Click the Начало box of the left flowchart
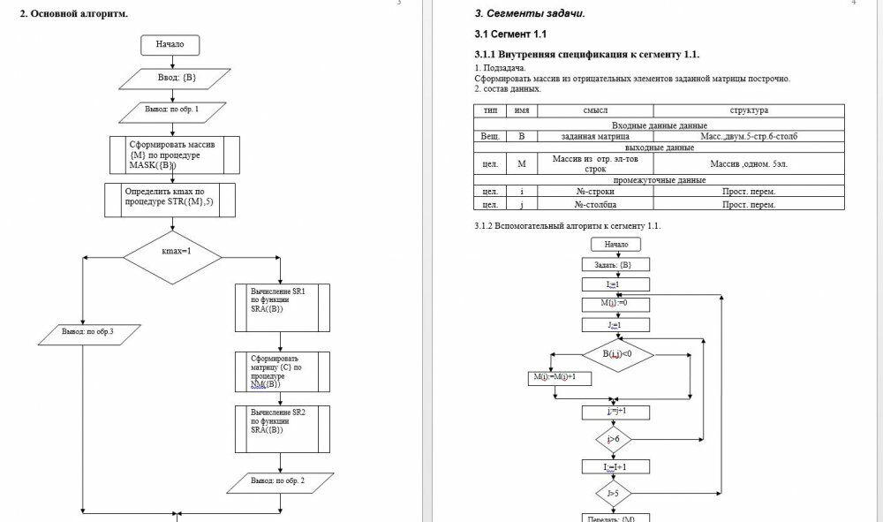pos(170,44)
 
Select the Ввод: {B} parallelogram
pos(177,79)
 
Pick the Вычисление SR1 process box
pos(283,306)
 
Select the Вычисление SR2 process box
pos(283,427)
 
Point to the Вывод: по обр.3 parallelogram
pos(88,332)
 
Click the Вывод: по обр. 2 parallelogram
pos(279,482)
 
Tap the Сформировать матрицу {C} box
pos(283,372)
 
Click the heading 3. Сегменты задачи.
pos(530,13)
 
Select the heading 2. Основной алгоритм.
pos(74,14)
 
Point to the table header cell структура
pos(748,110)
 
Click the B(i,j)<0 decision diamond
pos(618,355)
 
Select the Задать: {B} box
pos(615,264)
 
